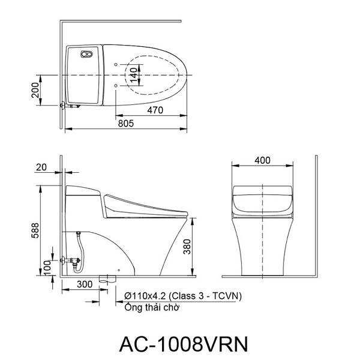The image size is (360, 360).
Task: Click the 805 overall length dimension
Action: tap(125, 124)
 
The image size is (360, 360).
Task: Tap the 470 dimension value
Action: tap(155, 110)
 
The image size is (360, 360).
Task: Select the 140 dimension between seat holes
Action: tap(134, 75)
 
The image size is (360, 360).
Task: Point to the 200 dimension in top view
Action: tap(35, 90)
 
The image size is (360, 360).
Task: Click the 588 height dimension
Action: tap(35, 230)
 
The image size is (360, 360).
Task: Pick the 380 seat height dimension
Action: tap(187, 247)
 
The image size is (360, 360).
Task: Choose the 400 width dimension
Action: tap(262, 160)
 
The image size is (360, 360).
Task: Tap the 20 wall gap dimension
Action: tap(41, 167)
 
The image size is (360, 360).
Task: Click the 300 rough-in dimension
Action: tap(85, 284)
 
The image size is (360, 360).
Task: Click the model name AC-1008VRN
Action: tap(184, 344)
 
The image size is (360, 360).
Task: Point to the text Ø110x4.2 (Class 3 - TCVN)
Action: tap(183, 296)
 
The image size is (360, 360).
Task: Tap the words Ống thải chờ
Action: tap(152, 307)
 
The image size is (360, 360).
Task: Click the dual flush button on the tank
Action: tap(86, 54)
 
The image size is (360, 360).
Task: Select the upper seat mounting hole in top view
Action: tap(116, 65)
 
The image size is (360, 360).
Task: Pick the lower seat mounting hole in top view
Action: tap(116, 86)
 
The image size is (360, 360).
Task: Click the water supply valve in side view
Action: tap(71, 261)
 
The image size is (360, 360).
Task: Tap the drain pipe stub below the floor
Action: tap(107, 279)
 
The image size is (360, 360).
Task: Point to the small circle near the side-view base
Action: tap(119, 270)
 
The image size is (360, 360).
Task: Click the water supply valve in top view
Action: tap(70, 106)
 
